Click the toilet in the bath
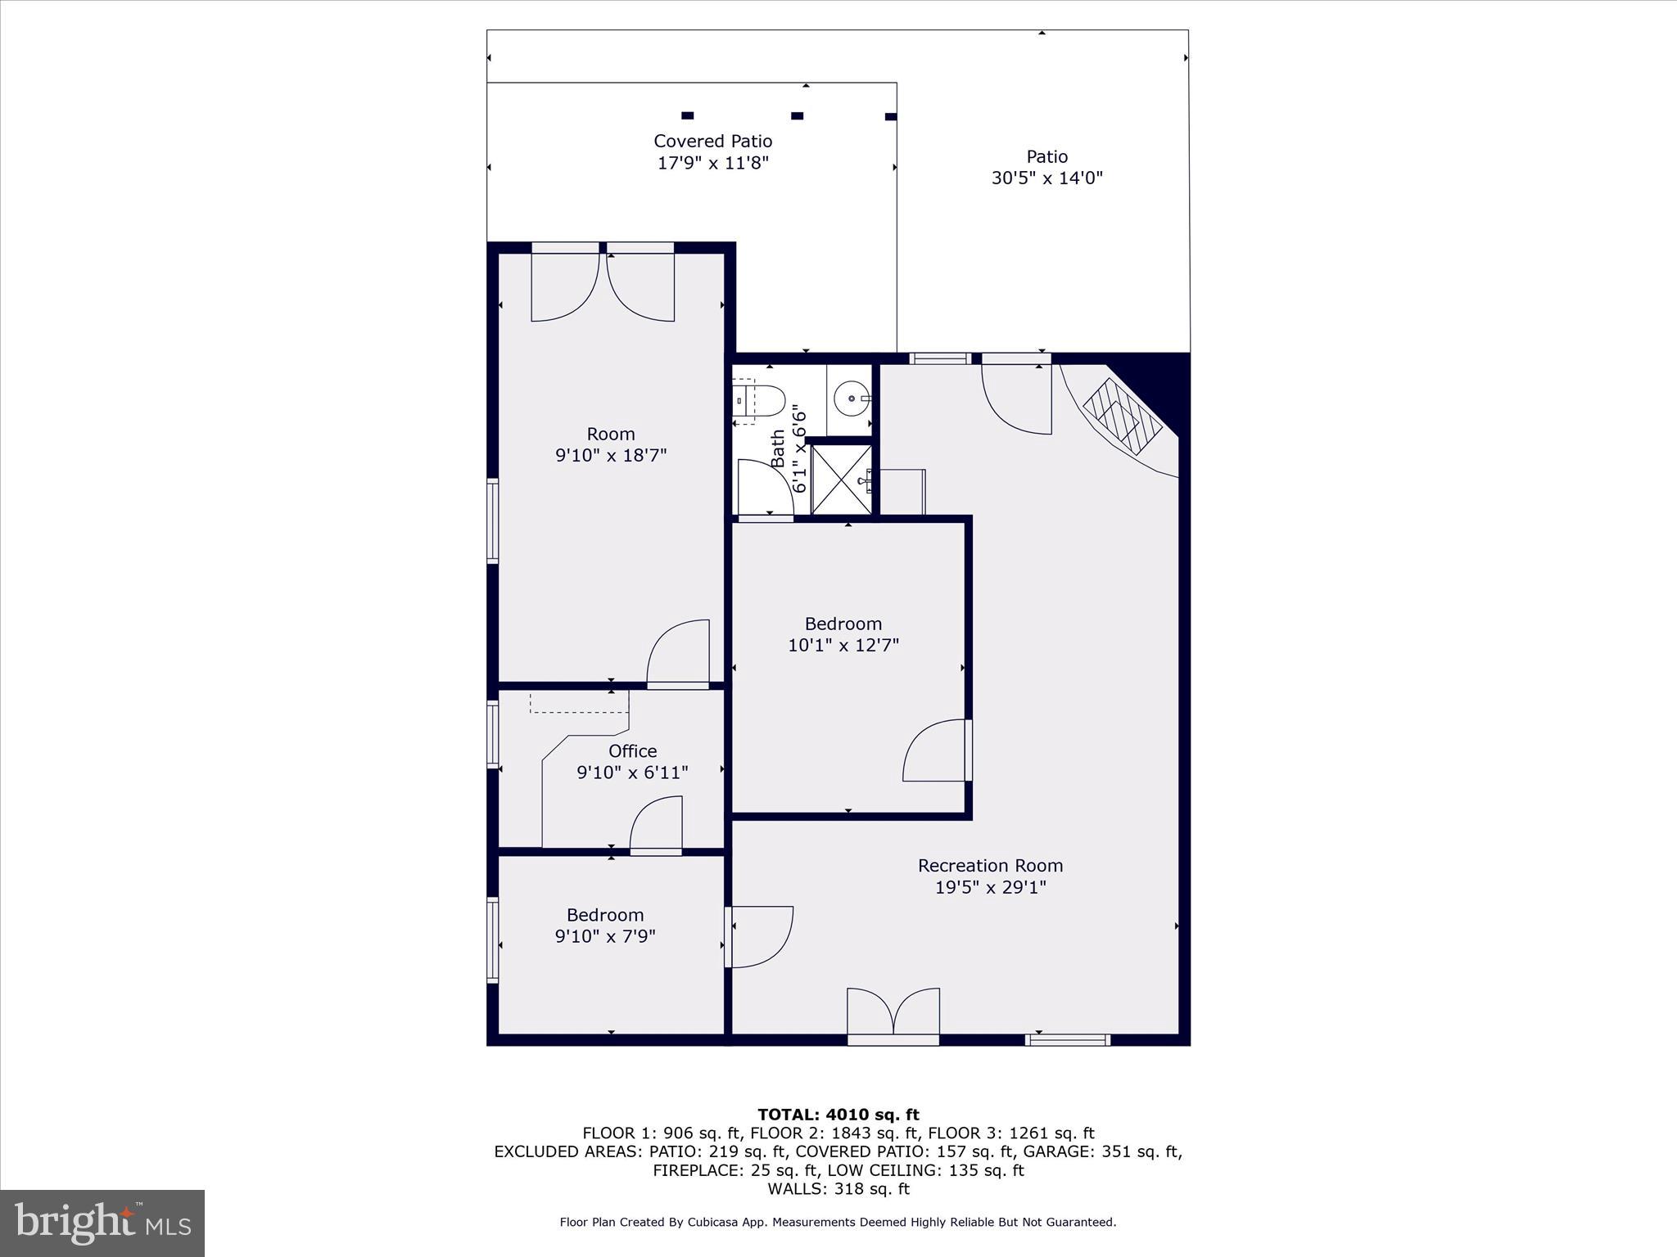tap(761, 400)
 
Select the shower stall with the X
tap(841, 480)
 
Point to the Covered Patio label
tap(712, 142)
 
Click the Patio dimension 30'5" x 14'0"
tap(1046, 178)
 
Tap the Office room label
tap(632, 751)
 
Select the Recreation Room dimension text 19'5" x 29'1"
tap(990, 887)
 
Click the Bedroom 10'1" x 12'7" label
tap(843, 624)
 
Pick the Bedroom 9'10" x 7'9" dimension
tap(605, 936)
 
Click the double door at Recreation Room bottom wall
tap(893, 1015)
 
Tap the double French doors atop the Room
tap(603, 286)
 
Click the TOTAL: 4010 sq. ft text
tap(838, 1115)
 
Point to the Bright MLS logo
tap(102, 1223)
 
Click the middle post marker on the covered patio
tap(797, 116)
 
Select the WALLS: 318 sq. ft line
tap(838, 1189)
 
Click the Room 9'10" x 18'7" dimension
tap(611, 456)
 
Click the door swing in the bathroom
tap(765, 486)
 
